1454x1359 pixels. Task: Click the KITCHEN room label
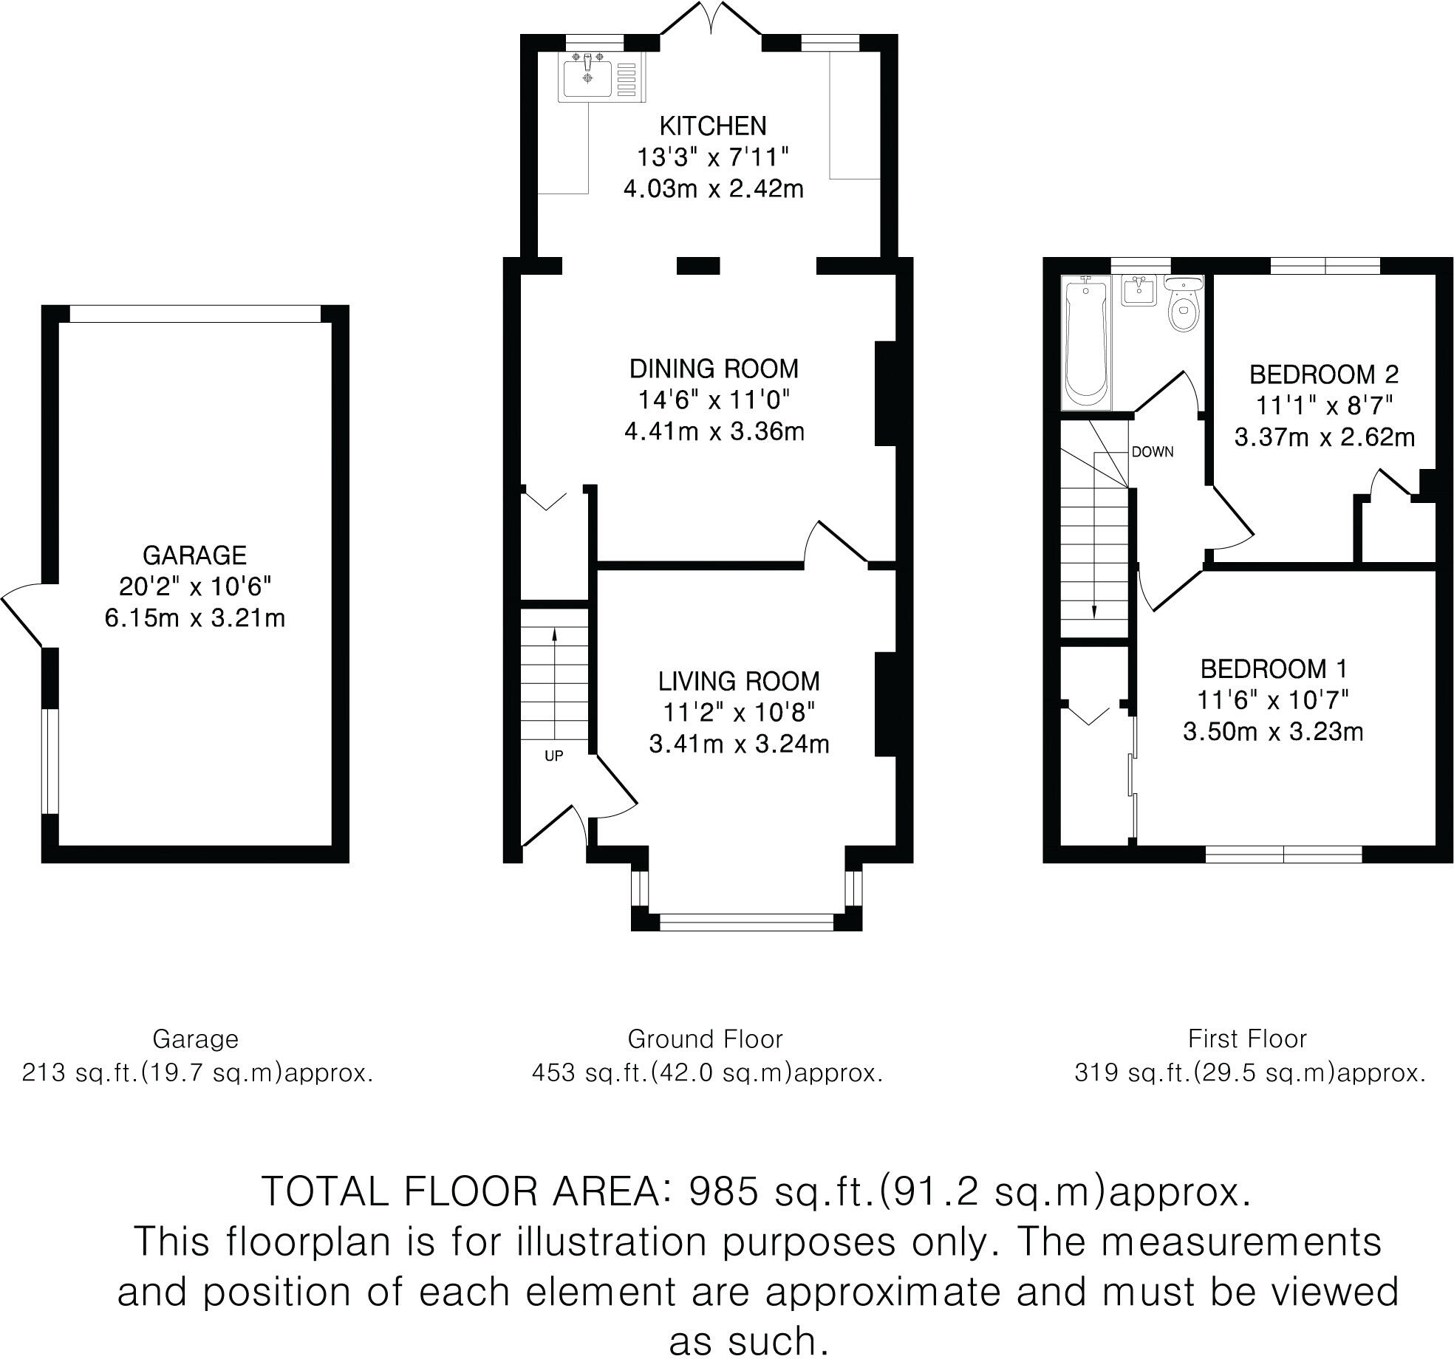tap(712, 126)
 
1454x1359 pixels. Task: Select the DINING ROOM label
tap(714, 369)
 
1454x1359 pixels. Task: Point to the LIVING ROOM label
tap(739, 681)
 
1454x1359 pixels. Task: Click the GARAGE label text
tap(194, 555)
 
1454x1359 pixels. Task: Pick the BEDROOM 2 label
tap(1324, 374)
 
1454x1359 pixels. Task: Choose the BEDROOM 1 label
tap(1274, 669)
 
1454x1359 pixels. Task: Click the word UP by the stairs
tap(553, 756)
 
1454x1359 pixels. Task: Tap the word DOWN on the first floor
tap(1153, 452)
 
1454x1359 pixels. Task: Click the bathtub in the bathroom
tap(1085, 343)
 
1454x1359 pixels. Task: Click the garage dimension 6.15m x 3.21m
tap(195, 617)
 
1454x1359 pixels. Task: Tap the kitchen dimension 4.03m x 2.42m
tap(713, 189)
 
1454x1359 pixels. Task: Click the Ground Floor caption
tap(705, 1039)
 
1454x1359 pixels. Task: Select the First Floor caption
tap(1247, 1038)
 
